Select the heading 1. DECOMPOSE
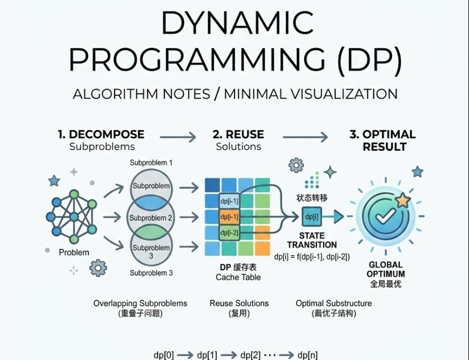101,135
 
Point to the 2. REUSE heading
238,135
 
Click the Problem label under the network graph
74,252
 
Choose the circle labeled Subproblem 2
151,218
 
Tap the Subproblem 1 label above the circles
151,163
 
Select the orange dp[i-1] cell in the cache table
229,217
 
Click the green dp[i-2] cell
229,232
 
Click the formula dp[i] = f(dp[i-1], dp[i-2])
312,257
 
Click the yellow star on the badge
403,200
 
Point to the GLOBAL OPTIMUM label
386,269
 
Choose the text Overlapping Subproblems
140,303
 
